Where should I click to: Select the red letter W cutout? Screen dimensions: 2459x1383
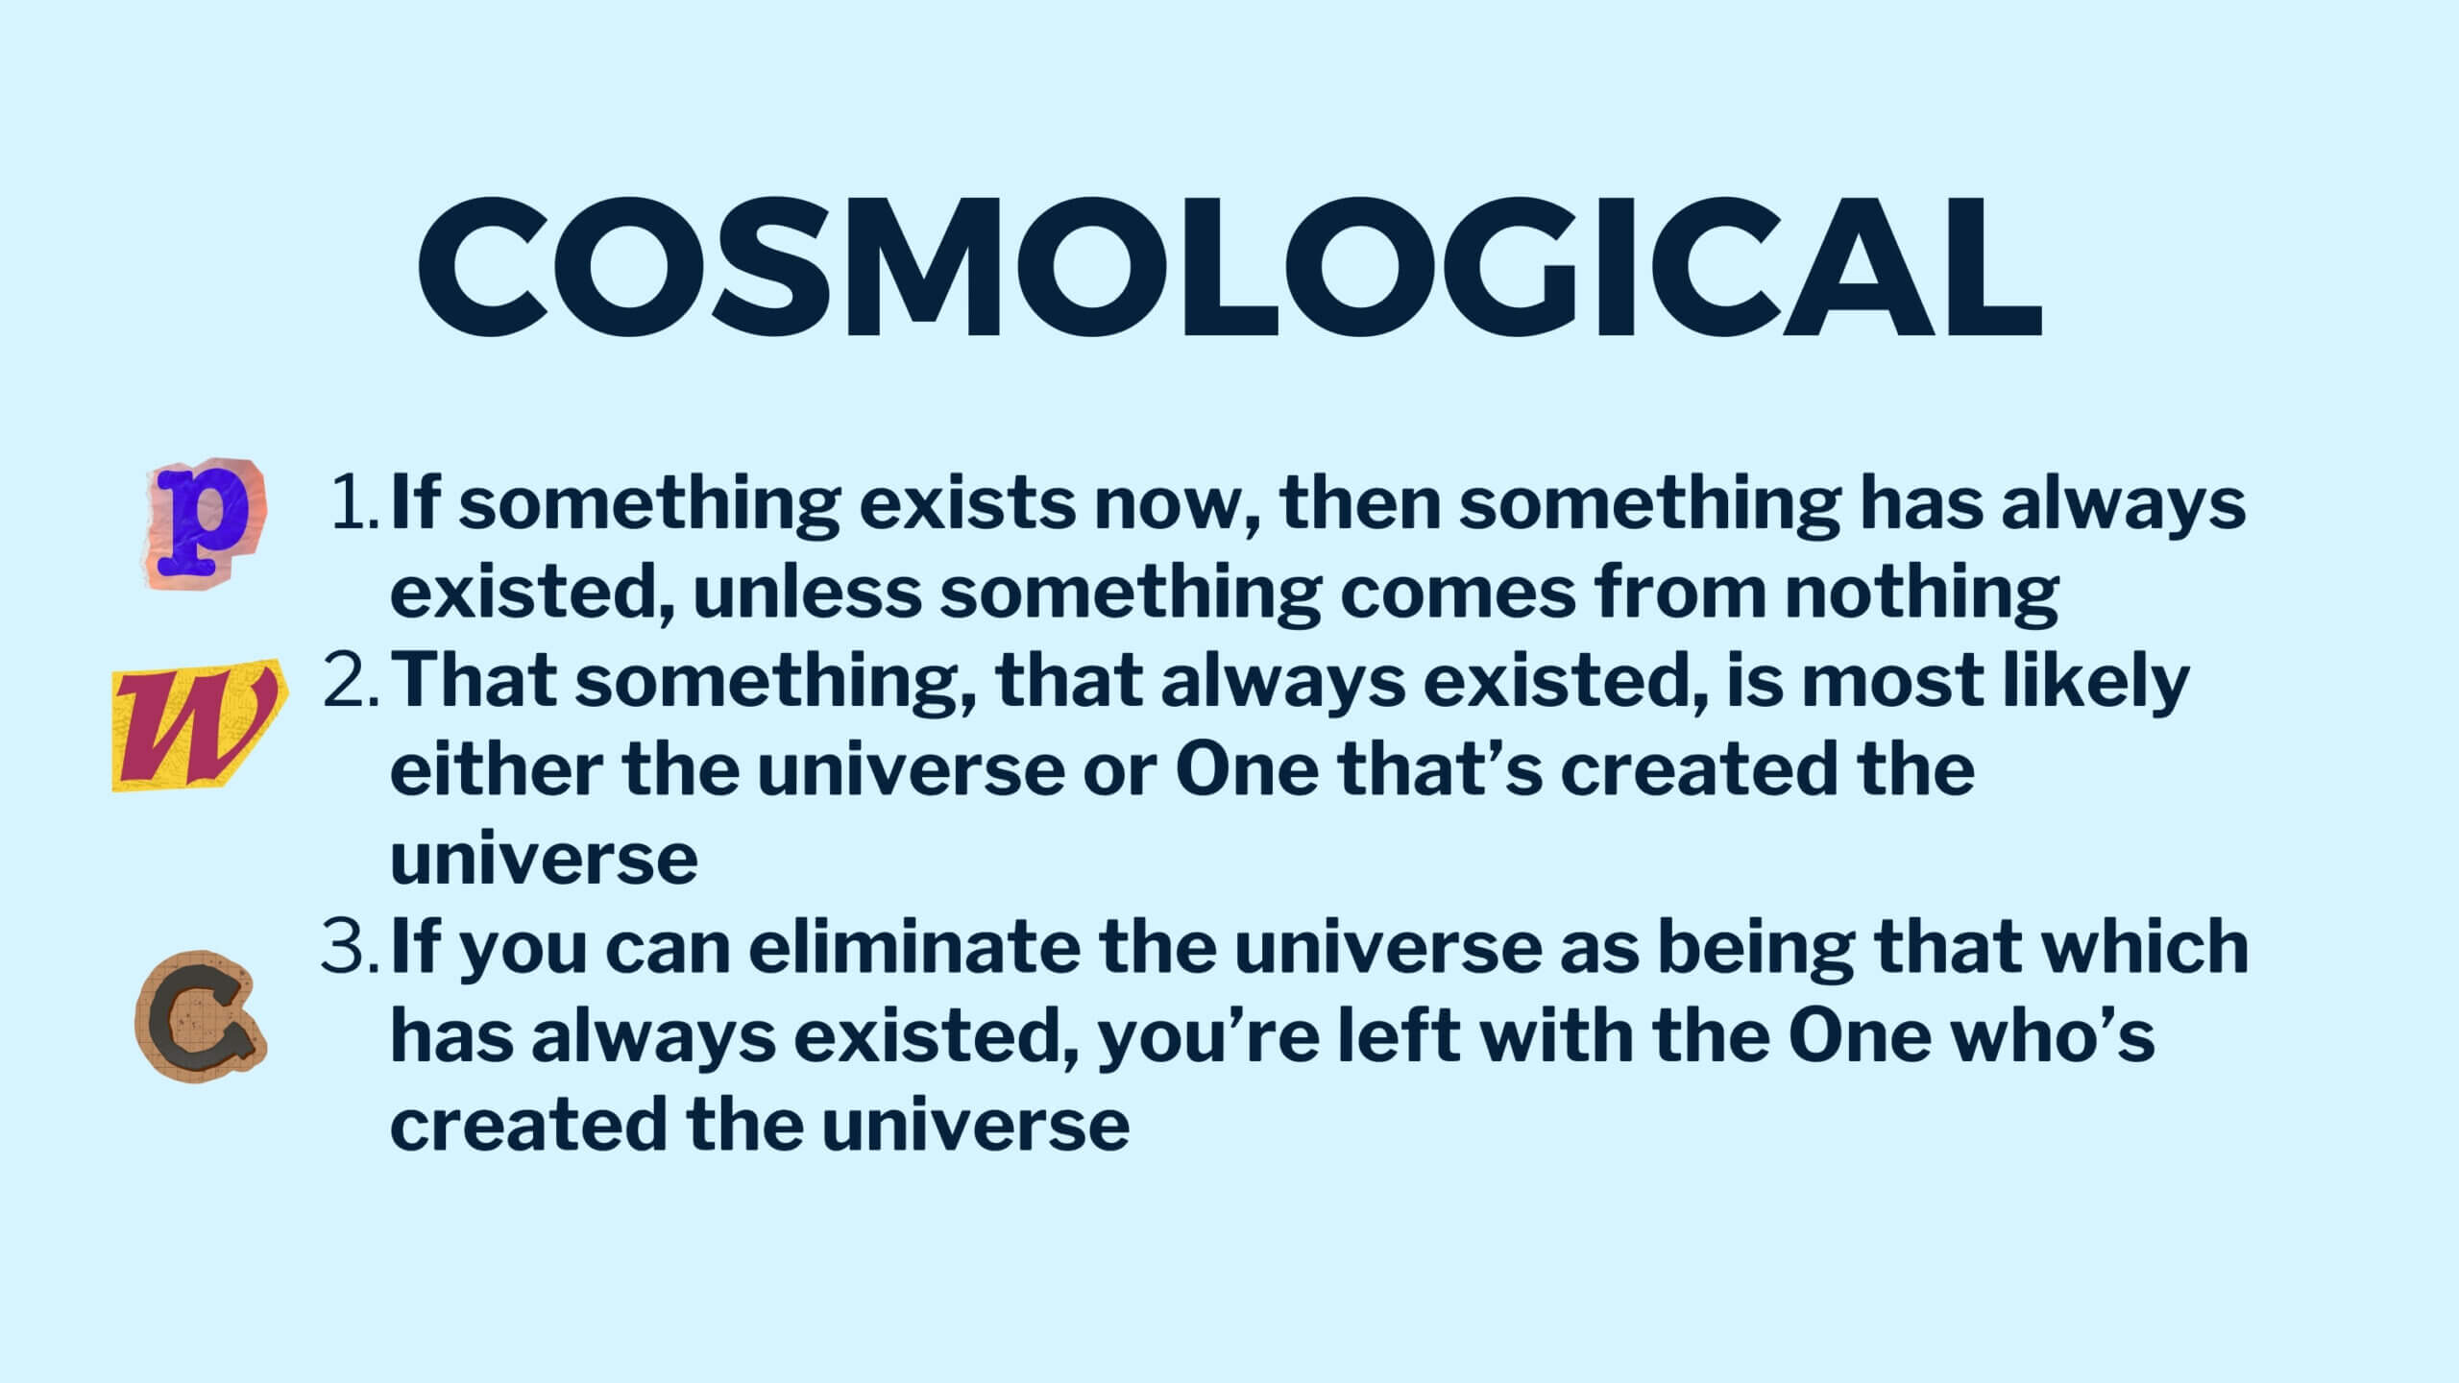tap(199, 726)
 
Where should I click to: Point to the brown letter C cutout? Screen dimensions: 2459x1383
tap(200, 1015)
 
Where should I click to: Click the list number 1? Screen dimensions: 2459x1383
tap(355, 505)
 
